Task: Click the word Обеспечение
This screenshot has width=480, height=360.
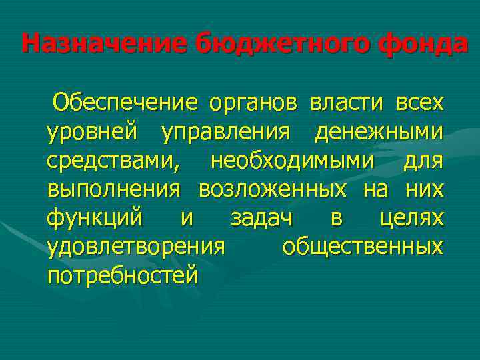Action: tap(126, 103)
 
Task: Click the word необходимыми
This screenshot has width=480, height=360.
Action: tap(293, 161)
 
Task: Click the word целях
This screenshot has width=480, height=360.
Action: tap(409, 219)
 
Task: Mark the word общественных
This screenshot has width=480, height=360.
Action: tap(362, 247)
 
